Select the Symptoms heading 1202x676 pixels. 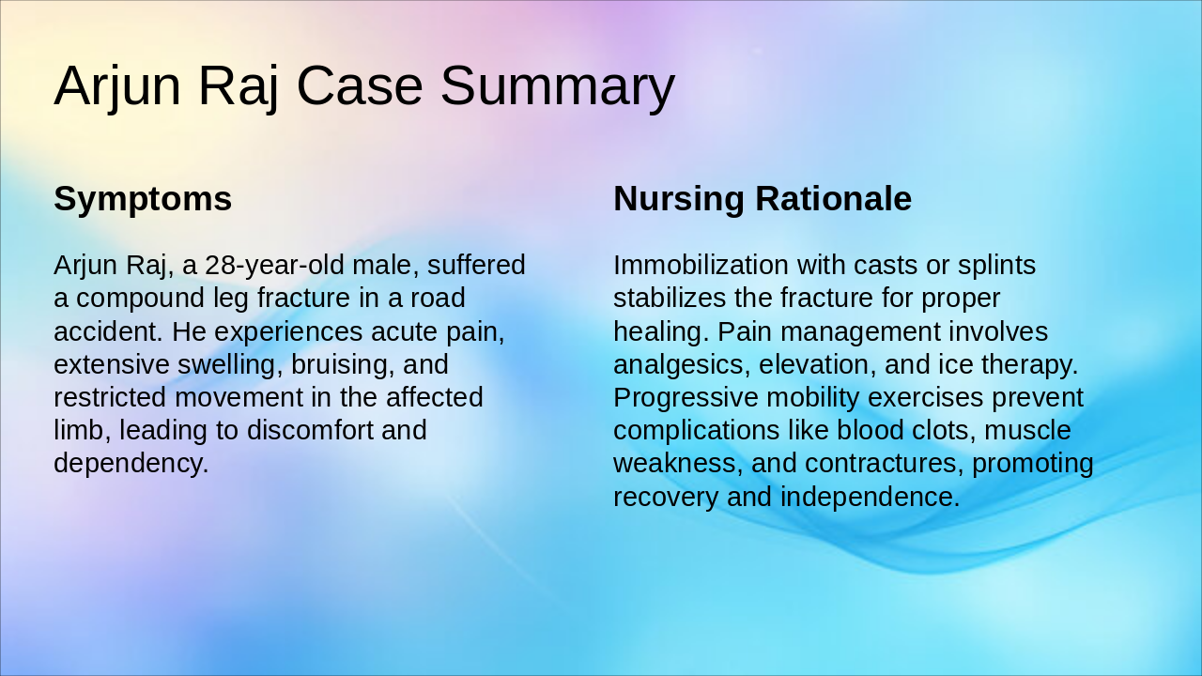coord(143,199)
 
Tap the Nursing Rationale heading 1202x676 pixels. coord(762,199)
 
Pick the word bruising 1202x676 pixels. coord(344,364)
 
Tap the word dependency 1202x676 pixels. coord(131,463)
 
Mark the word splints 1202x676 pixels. coord(997,266)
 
